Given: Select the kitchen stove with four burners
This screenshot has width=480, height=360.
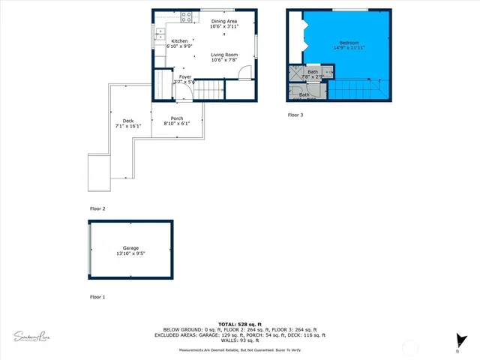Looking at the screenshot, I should point(187,16).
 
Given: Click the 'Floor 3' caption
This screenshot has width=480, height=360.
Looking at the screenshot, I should point(296,115).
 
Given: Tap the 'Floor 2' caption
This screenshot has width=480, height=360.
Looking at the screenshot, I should point(97,208).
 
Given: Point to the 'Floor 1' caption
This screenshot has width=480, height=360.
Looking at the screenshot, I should point(97,297).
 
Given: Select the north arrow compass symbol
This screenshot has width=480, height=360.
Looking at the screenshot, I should point(460,342).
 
